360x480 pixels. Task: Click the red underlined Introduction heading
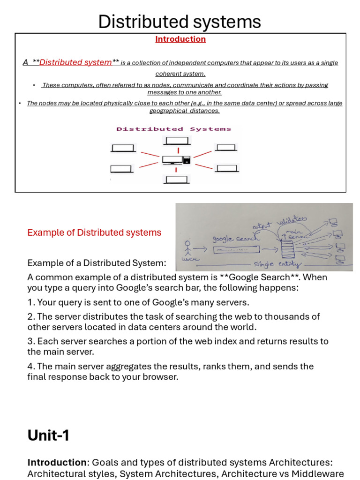(180, 39)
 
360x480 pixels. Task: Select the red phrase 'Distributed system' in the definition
(75, 62)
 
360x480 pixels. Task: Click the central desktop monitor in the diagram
(172, 160)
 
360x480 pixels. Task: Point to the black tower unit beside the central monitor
(187, 160)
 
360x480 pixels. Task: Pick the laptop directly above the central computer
(177, 140)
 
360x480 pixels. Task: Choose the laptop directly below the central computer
(176, 179)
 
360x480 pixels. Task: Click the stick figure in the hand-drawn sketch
(187, 249)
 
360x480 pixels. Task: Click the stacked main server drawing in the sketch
(287, 249)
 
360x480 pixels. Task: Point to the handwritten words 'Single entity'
(277, 264)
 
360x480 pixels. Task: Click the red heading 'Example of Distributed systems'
(94, 232)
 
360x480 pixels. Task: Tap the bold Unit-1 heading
(48, 435)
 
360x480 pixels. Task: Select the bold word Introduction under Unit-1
(57, 463)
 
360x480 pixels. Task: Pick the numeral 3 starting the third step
(30, 341)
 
